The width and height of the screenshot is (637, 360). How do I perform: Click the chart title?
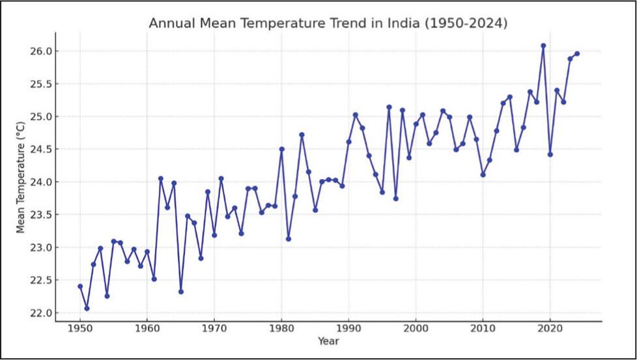tap(328, 23)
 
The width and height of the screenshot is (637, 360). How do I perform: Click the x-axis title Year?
tap(328, 340)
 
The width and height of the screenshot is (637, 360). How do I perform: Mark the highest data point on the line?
tap(543, 46)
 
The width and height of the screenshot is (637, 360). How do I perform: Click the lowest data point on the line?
tap(87, 309)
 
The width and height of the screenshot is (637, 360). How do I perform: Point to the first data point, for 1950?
tap(80, 286)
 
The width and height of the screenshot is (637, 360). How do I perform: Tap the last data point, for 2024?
tap(577, 53)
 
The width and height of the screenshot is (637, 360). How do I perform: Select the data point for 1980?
tap(281, 149)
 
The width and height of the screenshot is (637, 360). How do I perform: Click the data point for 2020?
tap(550, 154)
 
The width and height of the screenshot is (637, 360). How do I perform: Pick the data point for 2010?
tap(483, 174)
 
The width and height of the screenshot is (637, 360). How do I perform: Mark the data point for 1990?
tap(348, 141)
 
